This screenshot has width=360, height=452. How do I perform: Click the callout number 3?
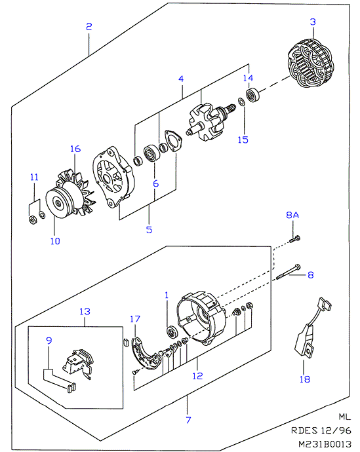313,22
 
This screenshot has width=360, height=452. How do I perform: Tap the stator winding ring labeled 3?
311,64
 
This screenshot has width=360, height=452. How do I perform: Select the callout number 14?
248,78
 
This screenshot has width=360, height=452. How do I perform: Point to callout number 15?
243,140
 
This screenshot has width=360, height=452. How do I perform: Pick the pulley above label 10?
59,203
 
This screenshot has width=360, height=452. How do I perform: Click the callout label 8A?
292,215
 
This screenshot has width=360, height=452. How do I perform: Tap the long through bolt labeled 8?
289,272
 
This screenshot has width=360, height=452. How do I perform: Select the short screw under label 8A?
294,239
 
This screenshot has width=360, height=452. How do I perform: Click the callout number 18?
305,379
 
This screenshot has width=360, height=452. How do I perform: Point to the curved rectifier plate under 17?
146,354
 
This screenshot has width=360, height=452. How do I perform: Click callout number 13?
85,311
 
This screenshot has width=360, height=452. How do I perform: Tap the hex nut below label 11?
33,220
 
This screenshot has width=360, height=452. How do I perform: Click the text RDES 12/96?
321,430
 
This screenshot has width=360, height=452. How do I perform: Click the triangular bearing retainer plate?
173,141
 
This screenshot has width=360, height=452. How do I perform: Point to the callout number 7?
188,420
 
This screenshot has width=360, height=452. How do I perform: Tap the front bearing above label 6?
151,153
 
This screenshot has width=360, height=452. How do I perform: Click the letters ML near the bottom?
344,417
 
